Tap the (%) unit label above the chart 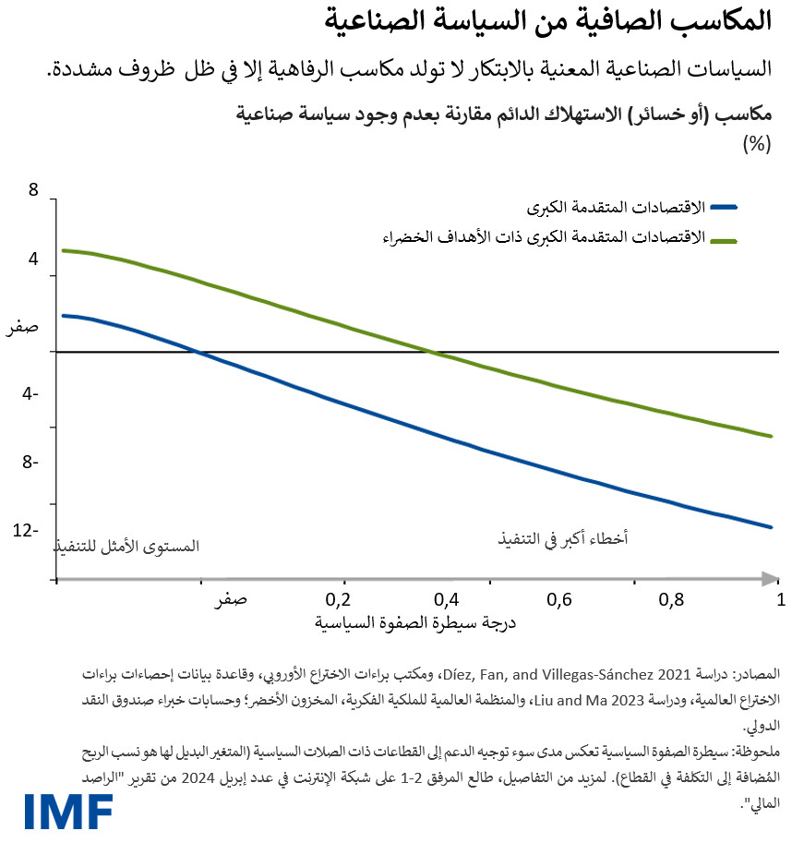(x=756, y=144)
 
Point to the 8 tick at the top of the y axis (x=34, y=190)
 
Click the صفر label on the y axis (x=23, y=327)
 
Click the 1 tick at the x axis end (x=780, y=599)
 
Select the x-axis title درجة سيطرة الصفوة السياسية (x=414, y=622)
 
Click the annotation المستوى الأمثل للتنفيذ (x=126, y=546)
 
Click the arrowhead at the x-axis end (x=769, y=579)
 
